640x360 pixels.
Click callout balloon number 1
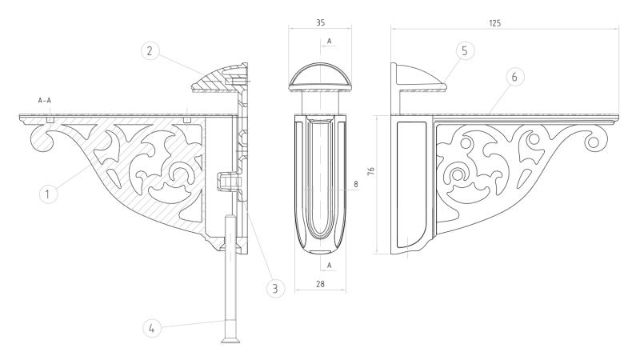click(x=48, y=194)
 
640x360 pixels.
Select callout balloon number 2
click(x=150, y=51)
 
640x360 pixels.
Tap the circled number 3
click(x=275, y=288)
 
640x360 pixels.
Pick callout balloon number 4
click(x=152, y=328)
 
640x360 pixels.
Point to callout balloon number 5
click(x=465, y=51)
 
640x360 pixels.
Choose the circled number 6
click(x=514, y=77)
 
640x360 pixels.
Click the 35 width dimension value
click(x=321, y=23)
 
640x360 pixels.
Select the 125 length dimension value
click(x=494, y=23)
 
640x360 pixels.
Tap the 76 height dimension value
click(x=370, y=171)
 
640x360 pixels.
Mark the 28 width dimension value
click(x=321, y=284)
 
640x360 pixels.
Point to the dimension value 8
click(x=356, y=184)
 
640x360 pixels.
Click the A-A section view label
click(x=45, y=100)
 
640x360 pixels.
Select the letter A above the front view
click(x=329, y=41)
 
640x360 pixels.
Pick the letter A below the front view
click(x=329, y=266)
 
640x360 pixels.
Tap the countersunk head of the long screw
click(x=230, y=339)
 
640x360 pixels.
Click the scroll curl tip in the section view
click(x=41, y=141)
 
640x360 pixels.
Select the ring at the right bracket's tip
click(x=593, y=142)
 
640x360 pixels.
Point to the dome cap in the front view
click(x=320, y=77)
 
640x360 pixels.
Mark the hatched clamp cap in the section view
click(x=218, y=78)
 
